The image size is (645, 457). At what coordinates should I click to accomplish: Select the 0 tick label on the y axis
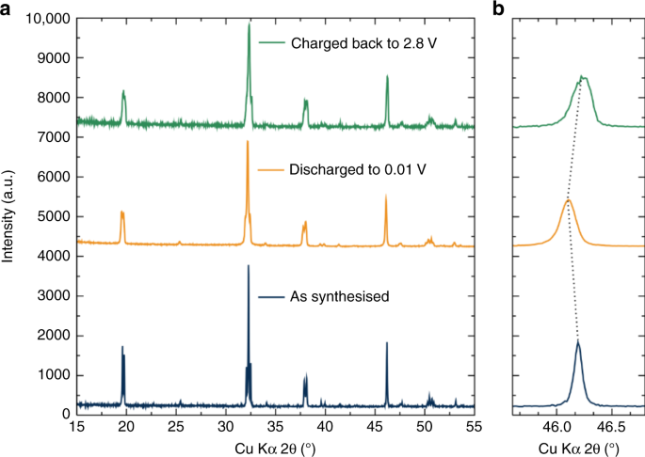click(65, 414)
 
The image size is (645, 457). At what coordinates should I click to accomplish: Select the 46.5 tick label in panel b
click(612, 427)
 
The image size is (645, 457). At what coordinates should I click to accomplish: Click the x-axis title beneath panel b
click(578, 446)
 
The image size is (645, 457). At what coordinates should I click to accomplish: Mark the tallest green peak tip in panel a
click(249, 24)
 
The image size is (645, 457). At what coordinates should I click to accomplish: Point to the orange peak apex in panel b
click(568, 199)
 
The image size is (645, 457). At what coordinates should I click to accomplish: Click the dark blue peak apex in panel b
click(577, 341)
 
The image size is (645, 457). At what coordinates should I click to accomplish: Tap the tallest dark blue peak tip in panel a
click(248, 265)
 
